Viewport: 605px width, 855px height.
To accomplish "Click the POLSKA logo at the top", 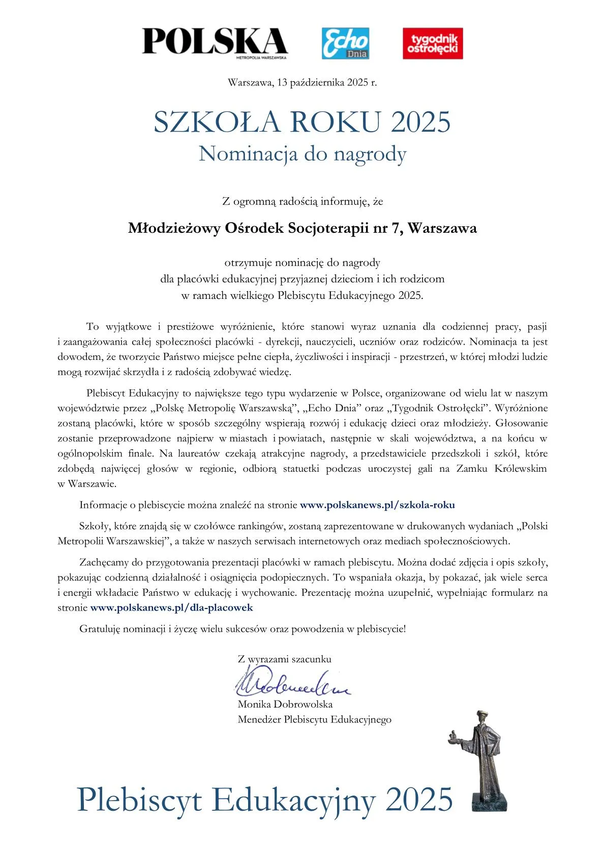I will click(x=215, y=42).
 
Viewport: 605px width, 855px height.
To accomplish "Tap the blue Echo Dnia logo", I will click(x=345, y=43).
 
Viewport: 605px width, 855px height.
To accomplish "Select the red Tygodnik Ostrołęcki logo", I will click(x=433, y=43).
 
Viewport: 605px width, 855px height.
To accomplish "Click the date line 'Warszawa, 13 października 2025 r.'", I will click(x=302, y=82).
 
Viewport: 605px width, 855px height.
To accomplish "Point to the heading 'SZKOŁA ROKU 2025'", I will click(x=302, y=122).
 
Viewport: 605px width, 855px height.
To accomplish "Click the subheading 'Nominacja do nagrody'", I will click(x=302, y=154).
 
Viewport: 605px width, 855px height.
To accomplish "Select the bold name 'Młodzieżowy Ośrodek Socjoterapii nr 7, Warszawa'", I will click(x=302, y=228).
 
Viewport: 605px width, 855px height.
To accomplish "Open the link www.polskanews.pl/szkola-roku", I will click(x=377, y=505).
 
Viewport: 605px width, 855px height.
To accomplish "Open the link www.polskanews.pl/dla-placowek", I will click(x=171, y=607).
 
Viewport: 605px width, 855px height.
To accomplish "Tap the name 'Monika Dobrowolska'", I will click(x=285, y=704).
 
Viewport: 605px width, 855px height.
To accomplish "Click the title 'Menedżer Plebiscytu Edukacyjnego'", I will click(x=314, y=719).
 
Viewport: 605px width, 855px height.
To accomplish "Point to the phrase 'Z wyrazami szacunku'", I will click(x=285, y=659).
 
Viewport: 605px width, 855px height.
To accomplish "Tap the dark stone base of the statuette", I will click(x=489, y=802).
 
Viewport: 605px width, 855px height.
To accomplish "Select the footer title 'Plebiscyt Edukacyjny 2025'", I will click(x=264, y=800).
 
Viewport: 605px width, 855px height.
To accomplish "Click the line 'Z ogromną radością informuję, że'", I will click(x=302, y=201).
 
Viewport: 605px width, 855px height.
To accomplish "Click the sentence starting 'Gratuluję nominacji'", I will click(x=243, y=629).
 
